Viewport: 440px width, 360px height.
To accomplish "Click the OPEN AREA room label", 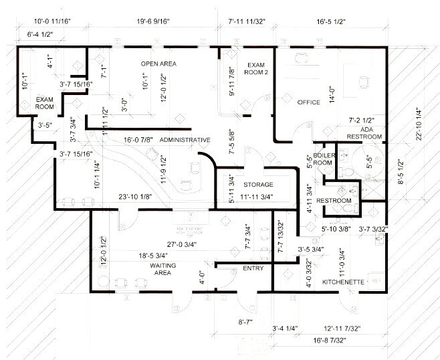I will (x=158, y=63).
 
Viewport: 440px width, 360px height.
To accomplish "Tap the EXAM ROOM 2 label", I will (x=257, y=68).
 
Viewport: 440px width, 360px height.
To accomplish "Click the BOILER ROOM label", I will (x=323, y=158).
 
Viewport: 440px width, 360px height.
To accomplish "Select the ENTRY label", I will (x=253, y=268).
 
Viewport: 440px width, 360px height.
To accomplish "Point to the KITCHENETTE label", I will (x=343, y=282).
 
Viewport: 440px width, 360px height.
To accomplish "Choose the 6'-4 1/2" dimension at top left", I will (x=41, y=33).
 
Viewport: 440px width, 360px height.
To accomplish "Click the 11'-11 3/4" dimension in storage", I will (x=258, y=197).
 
